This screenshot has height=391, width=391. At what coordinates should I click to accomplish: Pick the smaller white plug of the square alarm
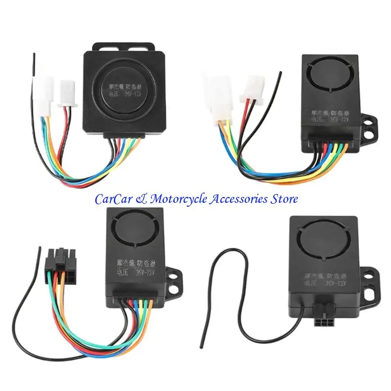(65, 93)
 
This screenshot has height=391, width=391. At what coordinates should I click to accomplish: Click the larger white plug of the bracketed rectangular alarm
(215, 96)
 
